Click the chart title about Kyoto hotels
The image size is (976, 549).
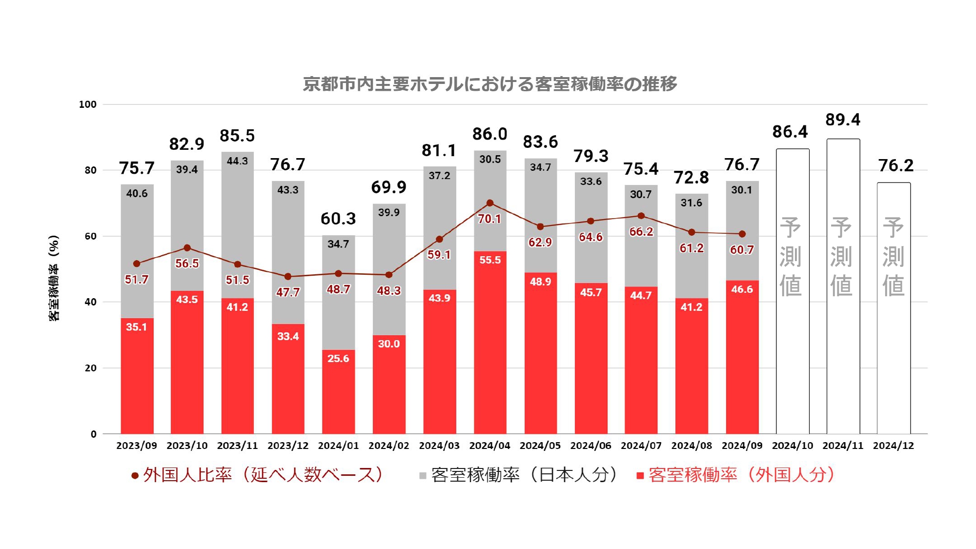click(x=489, y=84)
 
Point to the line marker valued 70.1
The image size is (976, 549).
click(x=490, y=203)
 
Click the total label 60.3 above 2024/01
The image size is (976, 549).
click(x=338, y=219)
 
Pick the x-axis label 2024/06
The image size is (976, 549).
click(x=590, y=446)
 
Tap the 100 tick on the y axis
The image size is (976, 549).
click(x=88, y=104)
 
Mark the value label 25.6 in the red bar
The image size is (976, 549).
click(x=338, y=359)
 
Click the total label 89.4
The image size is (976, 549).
click(x=843, y=120)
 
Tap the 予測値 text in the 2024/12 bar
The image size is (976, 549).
click(x=893, y=257)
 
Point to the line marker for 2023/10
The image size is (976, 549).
click(x=187, y=248)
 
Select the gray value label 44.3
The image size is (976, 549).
click(x=237, y=161)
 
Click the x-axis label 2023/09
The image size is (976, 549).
click(x=137, y=446)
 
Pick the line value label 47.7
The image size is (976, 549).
click(x=288, y=292)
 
